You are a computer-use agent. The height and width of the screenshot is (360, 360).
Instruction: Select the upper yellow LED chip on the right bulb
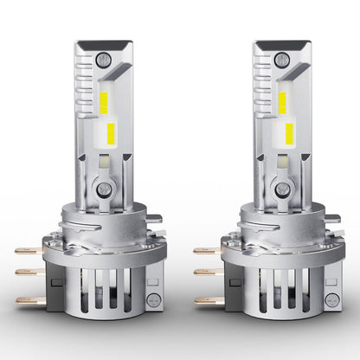tap(283, 103)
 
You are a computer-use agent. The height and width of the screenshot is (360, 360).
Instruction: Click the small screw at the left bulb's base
tap(153, 299)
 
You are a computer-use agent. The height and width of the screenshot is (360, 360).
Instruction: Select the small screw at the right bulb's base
tap(330, 299)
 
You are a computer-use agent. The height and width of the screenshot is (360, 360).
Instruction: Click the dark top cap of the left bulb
tap(103, 43)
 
